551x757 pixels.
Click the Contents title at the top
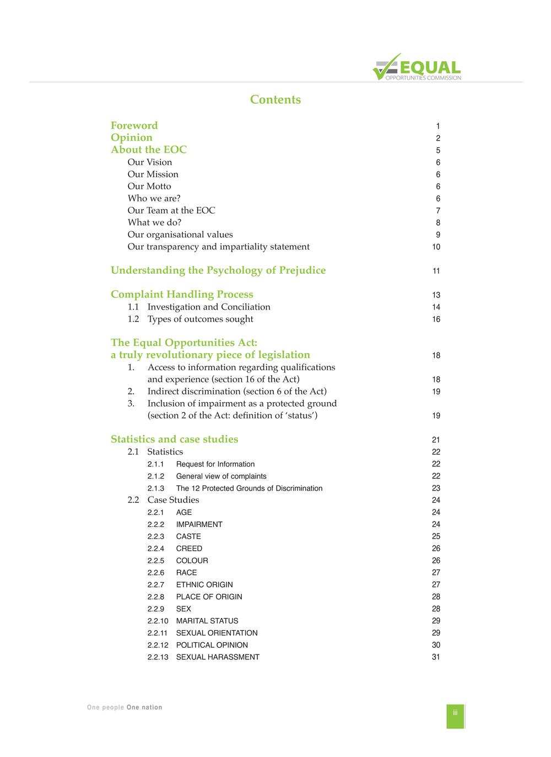click(x=275, y=100)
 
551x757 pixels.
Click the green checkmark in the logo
click(x=385, y=67)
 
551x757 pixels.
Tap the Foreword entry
click(x=134, y=126)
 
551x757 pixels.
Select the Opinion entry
click(x=132, y=138)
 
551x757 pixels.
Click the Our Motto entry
click(x=149, y=186)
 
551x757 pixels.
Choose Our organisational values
click(x=180, y=234)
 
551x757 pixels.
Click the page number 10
click(x=436, y=247)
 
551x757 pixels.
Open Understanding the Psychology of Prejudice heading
click(x=218, y=270)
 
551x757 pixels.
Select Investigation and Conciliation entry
click(x=209, y=307)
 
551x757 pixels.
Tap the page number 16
click(x=436, y=319)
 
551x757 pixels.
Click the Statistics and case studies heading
click(x=174, y=439)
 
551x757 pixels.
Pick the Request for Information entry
click(x=215, y=464)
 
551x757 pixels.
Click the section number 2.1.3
click(x=156, y=488)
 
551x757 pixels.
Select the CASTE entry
click(x=188, y=536)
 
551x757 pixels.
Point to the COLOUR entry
click(x=192, y=561)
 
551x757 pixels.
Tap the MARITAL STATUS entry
click(x=207, y=621)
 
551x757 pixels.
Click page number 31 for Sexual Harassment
click(x=436, y=657)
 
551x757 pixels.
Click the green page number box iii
click(x=455, y=716)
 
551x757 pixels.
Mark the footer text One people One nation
click(x=125, y=707)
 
